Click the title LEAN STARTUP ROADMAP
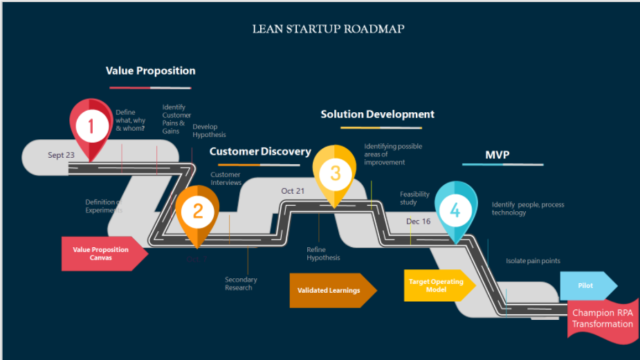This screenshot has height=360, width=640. [328, 29]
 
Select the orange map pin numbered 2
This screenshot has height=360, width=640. [197, 212]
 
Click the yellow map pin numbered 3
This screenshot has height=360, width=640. [335, 173]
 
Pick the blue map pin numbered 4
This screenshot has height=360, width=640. [455, 209]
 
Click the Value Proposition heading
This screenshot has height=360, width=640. [150, 71]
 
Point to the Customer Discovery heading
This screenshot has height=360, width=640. [260, 151]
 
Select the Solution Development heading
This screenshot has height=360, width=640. [377, 114]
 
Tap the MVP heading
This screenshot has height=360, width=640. [497, 155]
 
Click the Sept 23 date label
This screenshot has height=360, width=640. [61, 155]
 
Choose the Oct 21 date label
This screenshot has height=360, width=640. [292, 191]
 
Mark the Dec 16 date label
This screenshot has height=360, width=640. [418, 222]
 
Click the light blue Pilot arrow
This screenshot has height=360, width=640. [587, 285]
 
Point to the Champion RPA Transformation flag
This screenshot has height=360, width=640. [602, 318]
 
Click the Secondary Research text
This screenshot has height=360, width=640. [241, 284]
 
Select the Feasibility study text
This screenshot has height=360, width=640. [414, 199]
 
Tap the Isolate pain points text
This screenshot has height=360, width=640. [533, 261]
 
